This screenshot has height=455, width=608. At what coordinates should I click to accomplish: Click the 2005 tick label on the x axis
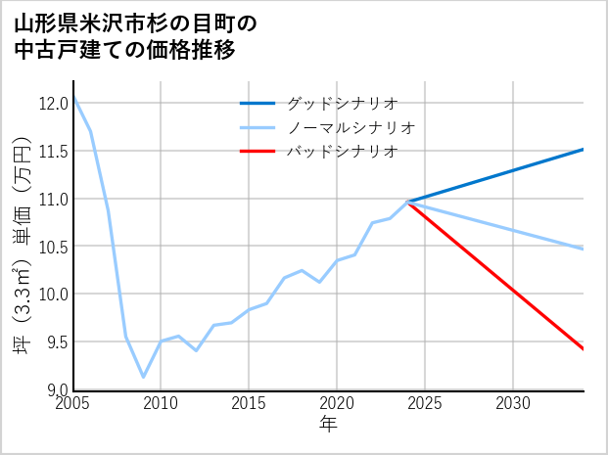tap(72, 403)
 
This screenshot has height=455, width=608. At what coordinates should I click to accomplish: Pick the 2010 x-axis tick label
tap(161, 403)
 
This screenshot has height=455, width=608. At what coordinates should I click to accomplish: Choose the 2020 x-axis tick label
tap(337, 403)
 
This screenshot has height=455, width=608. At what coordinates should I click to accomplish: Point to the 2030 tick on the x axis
tap(513, 403)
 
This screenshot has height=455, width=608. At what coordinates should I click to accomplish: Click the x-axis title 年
tap(328, 425)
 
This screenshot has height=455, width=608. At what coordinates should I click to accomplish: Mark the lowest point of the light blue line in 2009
tap(143, 377)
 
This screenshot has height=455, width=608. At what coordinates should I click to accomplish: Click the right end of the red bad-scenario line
tap(584, 349)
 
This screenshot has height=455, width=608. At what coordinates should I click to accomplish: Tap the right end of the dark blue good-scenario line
tap(584, 150)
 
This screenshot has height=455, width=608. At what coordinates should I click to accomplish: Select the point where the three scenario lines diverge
tap(407, 202)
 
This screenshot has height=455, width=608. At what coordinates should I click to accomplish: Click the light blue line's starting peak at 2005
tap(73, 97)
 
